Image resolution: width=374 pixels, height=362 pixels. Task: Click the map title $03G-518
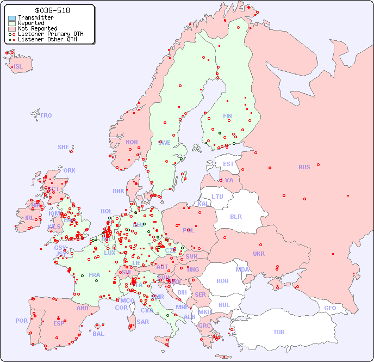point(52,10)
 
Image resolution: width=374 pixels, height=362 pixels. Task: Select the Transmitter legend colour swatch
point(12,18)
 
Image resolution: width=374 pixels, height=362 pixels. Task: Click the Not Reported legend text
point(37,28)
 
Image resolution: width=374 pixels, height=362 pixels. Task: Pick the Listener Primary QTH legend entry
point(51,34)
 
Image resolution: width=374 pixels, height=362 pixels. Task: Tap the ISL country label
point(18,67)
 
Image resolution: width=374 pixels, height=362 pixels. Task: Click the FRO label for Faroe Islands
point(46,115)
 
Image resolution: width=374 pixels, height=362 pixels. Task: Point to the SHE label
point(64,147)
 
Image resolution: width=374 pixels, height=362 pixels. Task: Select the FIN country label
point(227,116)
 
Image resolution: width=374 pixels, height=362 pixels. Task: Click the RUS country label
point(304,167)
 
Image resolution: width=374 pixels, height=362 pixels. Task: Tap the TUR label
point(279,332)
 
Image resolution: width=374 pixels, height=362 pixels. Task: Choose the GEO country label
point(330,308)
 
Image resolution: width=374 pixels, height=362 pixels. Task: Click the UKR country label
point(259,254)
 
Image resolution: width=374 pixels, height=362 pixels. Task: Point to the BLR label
point(235,216)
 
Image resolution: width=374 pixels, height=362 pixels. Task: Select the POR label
point(21,321)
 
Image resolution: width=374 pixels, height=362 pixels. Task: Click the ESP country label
point(59,323)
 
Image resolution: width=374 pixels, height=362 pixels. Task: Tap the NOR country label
point(132,142)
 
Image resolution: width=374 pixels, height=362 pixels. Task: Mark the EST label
point(228,164)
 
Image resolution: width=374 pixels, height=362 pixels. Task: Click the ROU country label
point(222,281)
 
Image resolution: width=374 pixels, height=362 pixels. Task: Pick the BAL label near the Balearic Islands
point(98,334)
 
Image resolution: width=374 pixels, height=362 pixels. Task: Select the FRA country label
point(95,275)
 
